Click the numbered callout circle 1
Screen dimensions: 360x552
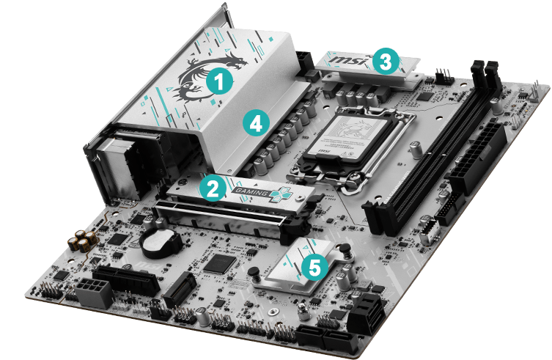tap(218, 81)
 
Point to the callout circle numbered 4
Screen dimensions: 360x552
tap(254, 124)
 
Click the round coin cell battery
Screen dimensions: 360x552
tap(156, 241)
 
